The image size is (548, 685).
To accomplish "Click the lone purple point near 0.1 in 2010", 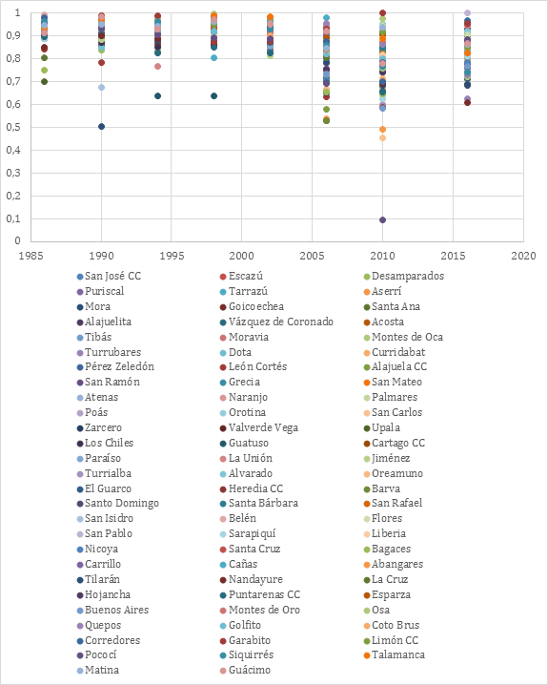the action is coord(382,219).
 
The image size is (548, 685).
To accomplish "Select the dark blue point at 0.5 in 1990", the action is coord(101,127).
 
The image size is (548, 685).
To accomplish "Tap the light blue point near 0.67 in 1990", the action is coord(101,88).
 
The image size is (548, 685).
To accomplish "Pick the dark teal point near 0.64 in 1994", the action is coord(158,96).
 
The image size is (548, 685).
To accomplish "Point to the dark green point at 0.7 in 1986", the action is coord(44,82).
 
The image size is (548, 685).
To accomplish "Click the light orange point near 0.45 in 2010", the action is coord(382,138).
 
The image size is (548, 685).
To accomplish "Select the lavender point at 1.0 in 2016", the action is coord(467,12).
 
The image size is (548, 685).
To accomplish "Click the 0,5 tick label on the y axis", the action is coord(13,127).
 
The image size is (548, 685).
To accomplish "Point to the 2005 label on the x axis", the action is coord(312,256).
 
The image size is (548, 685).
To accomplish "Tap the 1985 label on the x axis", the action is coord(30,256).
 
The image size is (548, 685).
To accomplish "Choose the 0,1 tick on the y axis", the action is coord(13,218).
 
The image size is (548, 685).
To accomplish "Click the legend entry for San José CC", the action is coord(109,276).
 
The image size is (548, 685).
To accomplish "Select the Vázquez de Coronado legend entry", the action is coord(276,322).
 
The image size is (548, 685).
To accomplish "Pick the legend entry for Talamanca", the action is coord(394,654).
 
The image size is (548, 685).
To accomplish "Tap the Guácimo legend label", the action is coord(250,670).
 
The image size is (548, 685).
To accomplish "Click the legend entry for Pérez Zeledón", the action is coord(115,366).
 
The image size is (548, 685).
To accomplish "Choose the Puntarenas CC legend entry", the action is coord(260,594).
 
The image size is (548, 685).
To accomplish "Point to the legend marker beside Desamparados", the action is coord(367,277).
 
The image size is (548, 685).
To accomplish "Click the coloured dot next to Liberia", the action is coord(367,534).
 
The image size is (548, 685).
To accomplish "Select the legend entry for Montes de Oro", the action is coord(260,610).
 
